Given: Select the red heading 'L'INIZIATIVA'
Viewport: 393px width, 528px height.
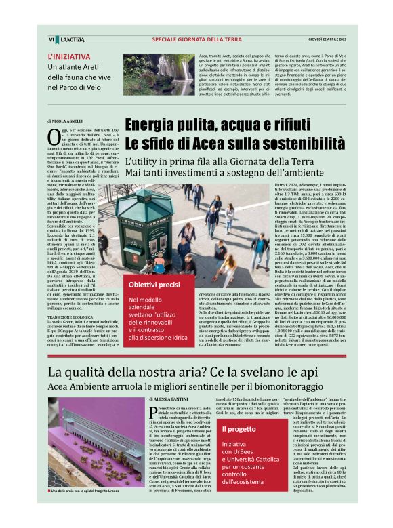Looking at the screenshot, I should (68, 57).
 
